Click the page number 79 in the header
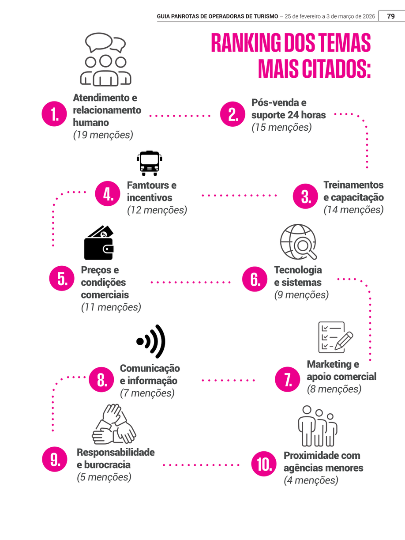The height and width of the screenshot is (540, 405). [391, 16]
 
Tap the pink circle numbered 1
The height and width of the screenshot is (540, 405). [54, 114]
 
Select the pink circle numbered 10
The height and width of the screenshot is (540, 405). [264, 464]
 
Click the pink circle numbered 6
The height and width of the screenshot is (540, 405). [255, 279]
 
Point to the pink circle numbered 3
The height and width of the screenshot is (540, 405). [305, 196]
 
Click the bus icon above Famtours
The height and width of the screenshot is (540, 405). [150, 163]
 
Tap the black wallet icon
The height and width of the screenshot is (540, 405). [99, 242]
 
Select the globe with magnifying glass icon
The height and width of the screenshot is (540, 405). [298, 242]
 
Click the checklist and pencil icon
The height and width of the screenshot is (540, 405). [336, 337]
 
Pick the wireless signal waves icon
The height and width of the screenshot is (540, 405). [151, 341]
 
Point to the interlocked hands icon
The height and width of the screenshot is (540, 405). [114, 423]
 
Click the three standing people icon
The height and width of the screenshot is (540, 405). [318, 426]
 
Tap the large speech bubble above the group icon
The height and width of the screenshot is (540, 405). [99, 42]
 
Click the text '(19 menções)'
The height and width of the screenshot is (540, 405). [103, 135]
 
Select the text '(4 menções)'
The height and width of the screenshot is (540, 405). [311, 480]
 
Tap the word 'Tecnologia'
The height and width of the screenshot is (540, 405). [298, 270]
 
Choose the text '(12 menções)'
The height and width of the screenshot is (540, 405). [157, 210]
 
